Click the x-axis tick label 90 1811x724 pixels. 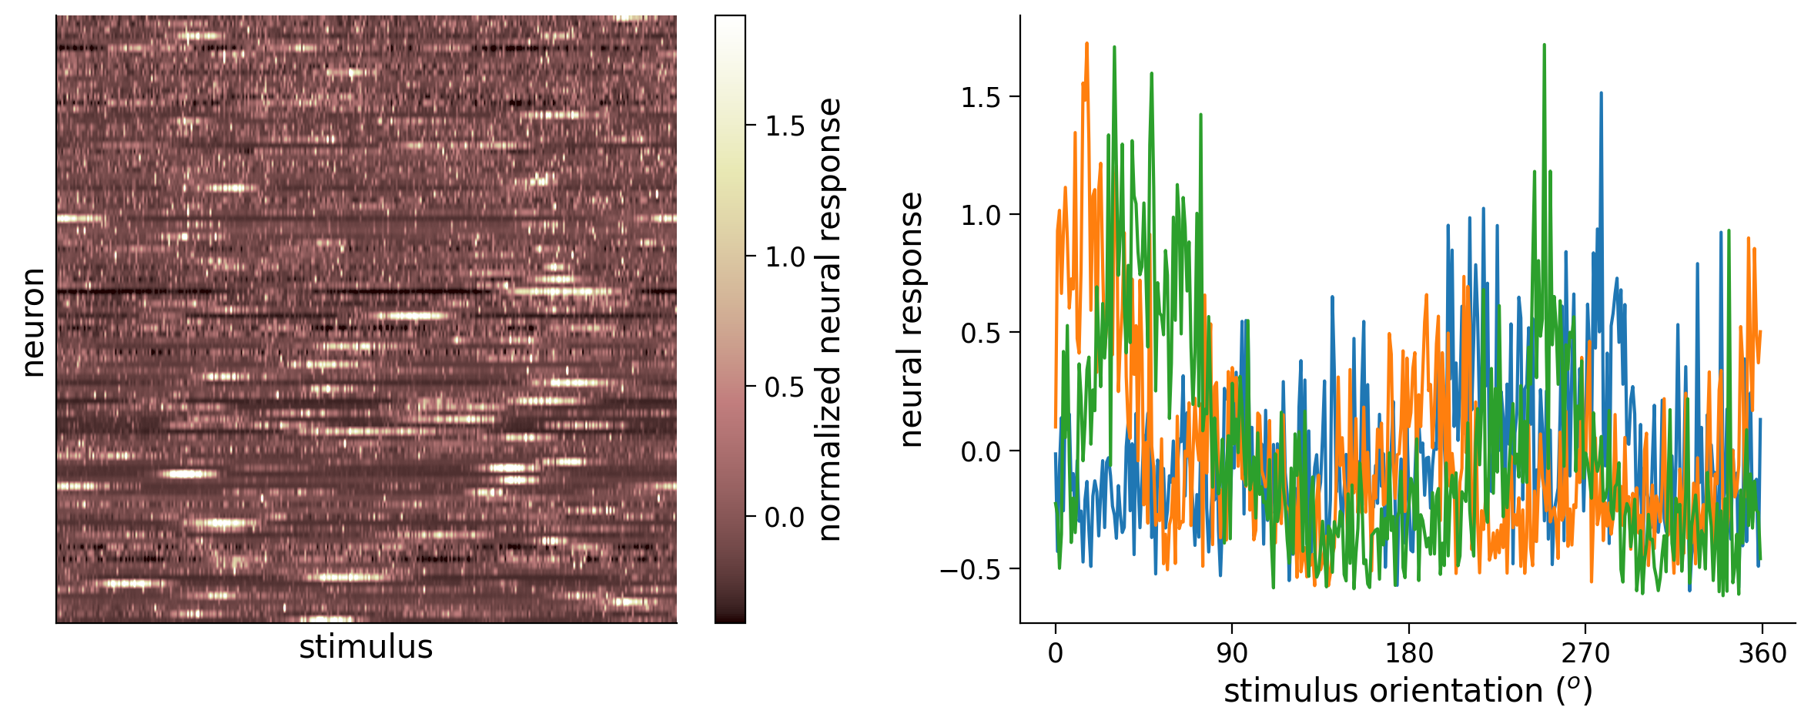coord(1231,653)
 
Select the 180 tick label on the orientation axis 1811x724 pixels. coord(1408,653)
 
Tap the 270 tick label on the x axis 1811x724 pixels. coord(1585,653)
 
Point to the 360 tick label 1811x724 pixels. coord(1762,653)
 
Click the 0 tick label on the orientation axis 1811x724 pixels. coord(1055,653)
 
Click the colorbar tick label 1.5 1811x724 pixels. coord(785,126)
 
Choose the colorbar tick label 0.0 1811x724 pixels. coord(785,517)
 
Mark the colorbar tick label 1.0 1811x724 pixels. coord(785,256)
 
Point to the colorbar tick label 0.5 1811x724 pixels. coord(785,387)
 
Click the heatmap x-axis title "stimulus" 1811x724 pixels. coord(366,647)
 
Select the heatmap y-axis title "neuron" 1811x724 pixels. coord(33,322)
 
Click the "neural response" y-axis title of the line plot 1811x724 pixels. coord(911,319)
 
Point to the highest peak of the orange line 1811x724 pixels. coord(1086,43)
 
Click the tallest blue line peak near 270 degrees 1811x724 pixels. coord(1601,93)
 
